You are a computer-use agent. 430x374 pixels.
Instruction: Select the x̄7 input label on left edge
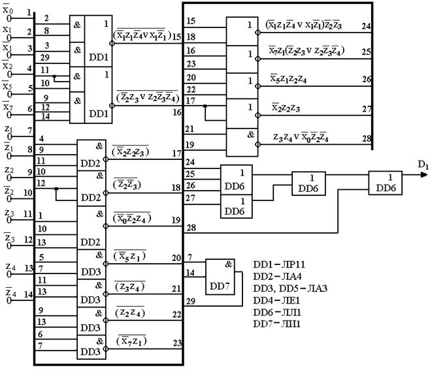[7, 108]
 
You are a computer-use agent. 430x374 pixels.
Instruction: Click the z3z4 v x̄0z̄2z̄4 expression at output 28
[310, 138]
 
